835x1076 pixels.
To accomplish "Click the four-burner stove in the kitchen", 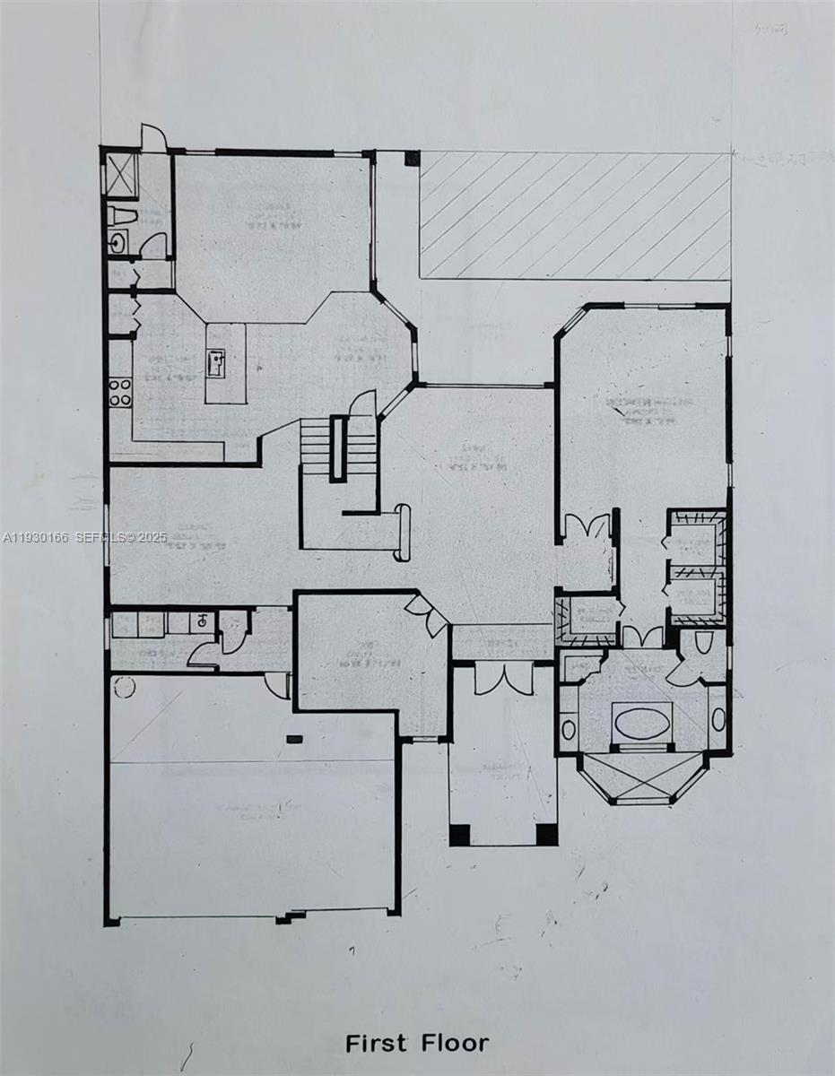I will coord(120,392).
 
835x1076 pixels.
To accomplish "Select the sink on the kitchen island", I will coord(216,362).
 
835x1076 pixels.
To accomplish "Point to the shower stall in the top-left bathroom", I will coord(121,175).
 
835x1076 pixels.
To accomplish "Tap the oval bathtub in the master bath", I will coord(641,720).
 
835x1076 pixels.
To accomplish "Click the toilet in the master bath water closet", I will coord(705,642).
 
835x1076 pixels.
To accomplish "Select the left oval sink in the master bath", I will coord(569,729).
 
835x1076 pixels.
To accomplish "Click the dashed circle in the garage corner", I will coord(125,688).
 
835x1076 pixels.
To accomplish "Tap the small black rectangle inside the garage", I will coord(293,739).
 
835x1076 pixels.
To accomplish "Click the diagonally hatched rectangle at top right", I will coord(574,215).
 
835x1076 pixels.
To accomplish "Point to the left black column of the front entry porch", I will coord(459,834).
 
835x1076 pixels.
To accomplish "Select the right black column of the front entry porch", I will coord(546,834).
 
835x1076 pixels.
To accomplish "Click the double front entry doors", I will coord(503,678).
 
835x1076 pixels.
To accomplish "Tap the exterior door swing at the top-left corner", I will coord(154,137).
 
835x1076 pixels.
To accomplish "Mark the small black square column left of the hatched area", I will coord(411,159).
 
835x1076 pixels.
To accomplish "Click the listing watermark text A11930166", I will coord(37,537).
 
